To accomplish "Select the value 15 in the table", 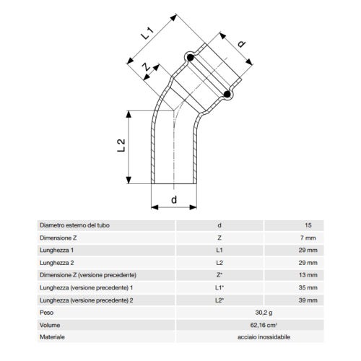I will click(x=310, y=225).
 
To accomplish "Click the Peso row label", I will click(x=48, y=313).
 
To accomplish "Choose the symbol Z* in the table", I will click(x=219, y=275).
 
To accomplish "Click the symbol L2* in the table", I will click(x=219, y=300).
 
